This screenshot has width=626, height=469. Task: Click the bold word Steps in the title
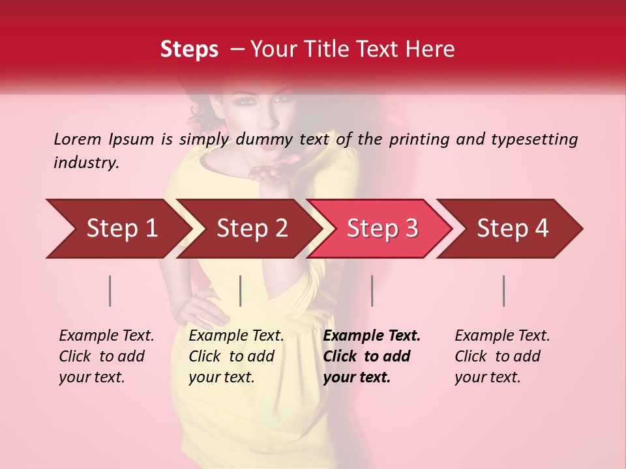189,50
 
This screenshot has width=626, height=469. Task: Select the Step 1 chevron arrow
117,229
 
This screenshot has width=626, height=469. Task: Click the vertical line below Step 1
110,291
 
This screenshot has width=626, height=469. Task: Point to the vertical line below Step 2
241,291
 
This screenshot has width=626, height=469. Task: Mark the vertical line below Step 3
372,291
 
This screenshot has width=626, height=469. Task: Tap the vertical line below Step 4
504,291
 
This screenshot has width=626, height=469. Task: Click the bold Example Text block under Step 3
372,356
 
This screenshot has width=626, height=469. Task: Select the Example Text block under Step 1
106,356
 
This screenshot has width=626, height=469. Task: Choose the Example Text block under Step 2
236,356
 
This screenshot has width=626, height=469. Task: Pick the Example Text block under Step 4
502,356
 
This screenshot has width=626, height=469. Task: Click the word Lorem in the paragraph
78,139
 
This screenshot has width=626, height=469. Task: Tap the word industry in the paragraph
86,163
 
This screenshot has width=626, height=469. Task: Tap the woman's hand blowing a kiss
269,174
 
